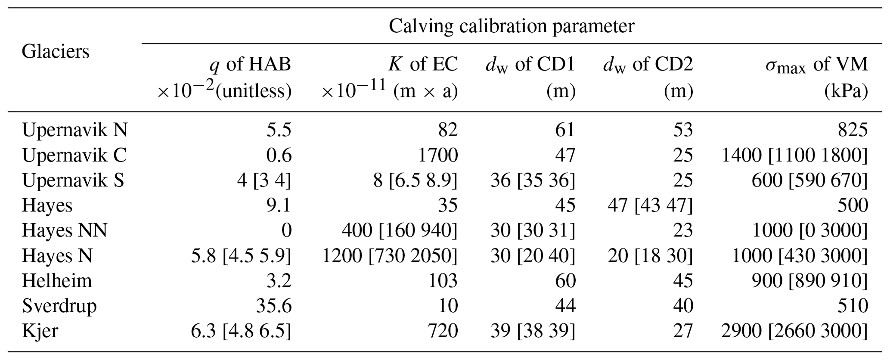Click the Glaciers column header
56,52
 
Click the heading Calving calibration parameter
511,26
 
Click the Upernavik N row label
75,130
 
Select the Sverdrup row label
59,306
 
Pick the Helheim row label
57,281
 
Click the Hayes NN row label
65,230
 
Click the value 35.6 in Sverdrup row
274,306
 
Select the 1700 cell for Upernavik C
438,155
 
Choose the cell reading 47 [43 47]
650,205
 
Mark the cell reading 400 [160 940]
400,230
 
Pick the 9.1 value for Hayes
279,205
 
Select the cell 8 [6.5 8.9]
415,180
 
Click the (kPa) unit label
846,91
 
